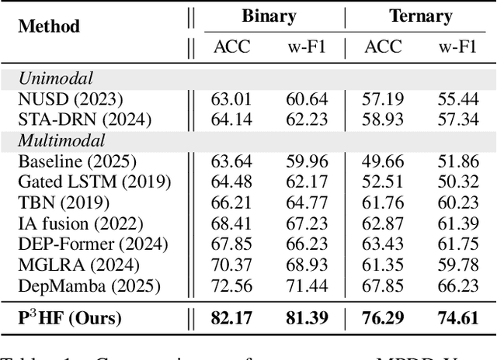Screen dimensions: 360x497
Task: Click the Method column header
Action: click(48, 26)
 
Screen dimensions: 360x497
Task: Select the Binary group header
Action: click(268, 15)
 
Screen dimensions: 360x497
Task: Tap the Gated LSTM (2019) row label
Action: click(94, 182)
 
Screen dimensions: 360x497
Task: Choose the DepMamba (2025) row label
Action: click(89, 285)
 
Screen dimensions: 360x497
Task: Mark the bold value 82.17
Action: click(231, 317)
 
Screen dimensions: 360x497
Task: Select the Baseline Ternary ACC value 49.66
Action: click(383, 162)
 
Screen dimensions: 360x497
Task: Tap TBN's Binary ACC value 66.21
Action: click(231, 203)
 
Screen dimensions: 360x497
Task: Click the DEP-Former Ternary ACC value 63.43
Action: click(383, 244)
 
